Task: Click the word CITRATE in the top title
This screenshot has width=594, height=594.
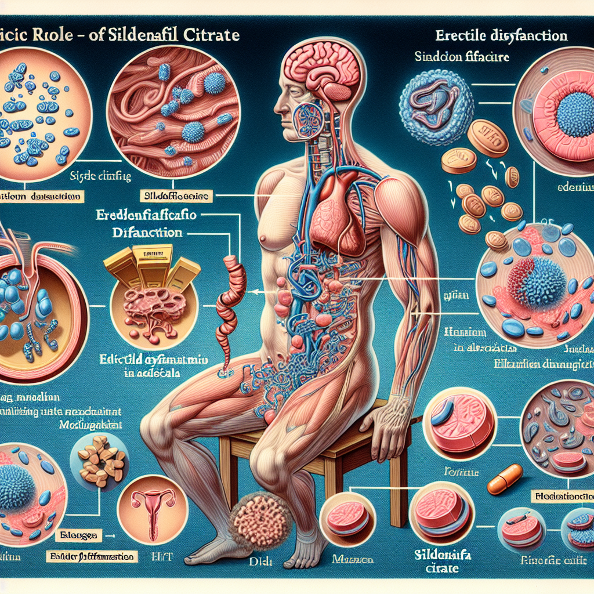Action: coord(210,35)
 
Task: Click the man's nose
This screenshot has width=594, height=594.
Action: coord(277,108)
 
